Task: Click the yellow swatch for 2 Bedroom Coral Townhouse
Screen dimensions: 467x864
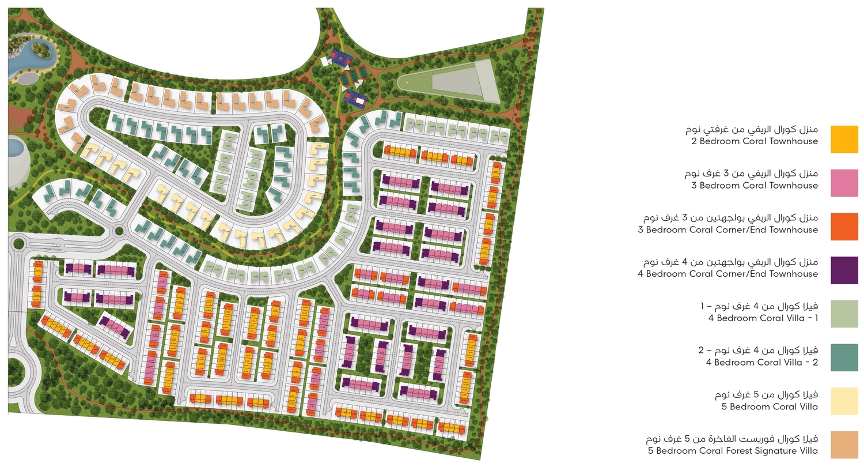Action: [x=844, y=139]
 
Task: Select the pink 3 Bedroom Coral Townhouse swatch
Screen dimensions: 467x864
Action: [x=844, y=183]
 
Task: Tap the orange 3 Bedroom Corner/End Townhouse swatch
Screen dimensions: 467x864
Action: [x=844, y=227]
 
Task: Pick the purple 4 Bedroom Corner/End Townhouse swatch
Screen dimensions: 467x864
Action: [x=844, y=270]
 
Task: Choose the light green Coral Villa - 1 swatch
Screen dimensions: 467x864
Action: [x=844, y=314]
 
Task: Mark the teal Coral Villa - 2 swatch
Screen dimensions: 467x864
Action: [x=844, y=358]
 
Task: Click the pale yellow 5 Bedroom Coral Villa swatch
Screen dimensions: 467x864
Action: [x=844, y=401]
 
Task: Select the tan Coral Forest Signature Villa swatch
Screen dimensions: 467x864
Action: [x=844, y=445]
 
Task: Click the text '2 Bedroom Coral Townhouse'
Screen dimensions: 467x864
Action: [x=754, y=141]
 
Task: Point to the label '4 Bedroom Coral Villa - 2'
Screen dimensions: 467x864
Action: [x=761, y=363]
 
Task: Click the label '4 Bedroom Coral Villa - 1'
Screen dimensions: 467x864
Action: [x=761, y=318]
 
